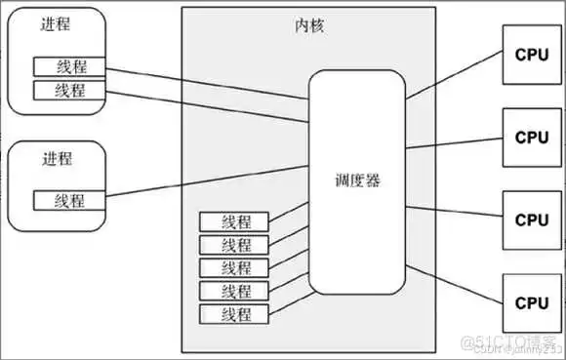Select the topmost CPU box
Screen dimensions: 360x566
click(x=532, y=56)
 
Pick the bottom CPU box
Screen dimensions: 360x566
click(x=532, y=301)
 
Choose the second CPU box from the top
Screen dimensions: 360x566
click(x=532, y=137)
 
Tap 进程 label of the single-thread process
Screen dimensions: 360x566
click(x=58, y=157)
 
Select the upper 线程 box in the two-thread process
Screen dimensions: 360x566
click(x=71, y=67)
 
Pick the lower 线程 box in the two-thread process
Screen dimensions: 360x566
click(x=71, y=90)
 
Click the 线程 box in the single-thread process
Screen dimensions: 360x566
click(x=71, y=201)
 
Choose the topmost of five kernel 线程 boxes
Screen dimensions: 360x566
click(x=236, y=221)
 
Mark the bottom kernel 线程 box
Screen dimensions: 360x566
click(x=236, y=314)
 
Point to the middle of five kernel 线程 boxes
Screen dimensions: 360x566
click(x=236, y=267)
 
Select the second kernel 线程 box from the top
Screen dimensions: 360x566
click(x=236, y=244)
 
